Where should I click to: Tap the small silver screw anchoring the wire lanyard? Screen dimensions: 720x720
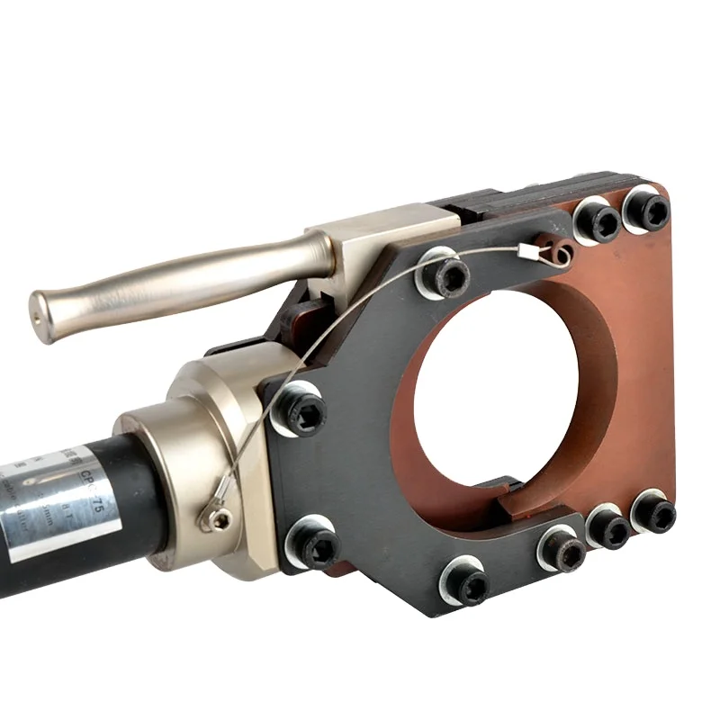(216, 517)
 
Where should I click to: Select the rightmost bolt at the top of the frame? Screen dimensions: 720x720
(648, 210)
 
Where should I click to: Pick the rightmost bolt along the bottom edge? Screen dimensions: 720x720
(653, 513)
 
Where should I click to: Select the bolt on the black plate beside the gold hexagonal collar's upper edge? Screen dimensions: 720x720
(299, 411)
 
